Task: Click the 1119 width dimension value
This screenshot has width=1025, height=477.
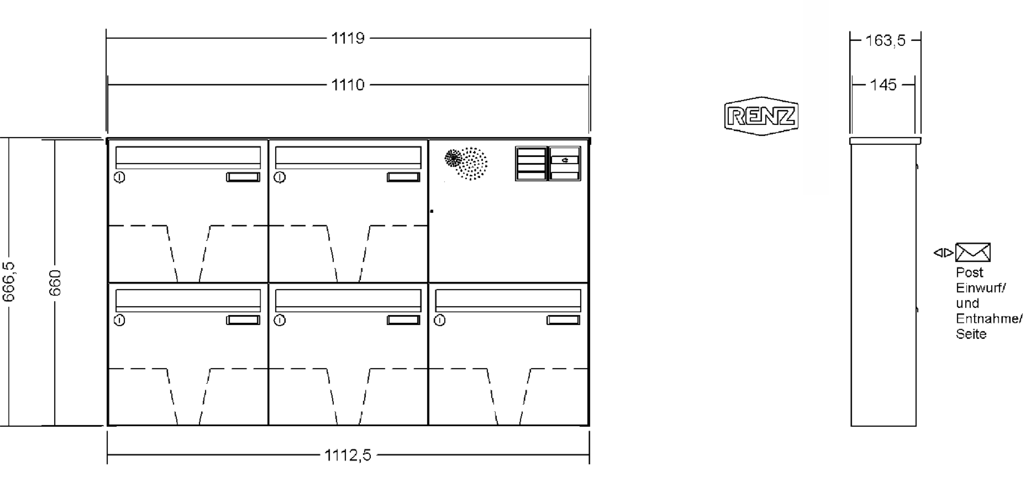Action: (x=348, y=39)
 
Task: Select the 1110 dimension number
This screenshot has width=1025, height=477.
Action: (x=348, y=85)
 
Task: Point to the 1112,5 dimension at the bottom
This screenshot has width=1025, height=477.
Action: (x=348, y=455)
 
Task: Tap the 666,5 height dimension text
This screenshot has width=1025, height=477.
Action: (x=8, y=282)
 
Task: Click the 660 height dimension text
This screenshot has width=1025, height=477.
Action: (x=55, y=283)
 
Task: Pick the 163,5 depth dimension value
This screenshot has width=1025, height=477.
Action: (x=885, y=41)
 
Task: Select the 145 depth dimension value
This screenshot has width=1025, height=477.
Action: (x=883, y=85)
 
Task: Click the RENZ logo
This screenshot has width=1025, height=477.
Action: (x=761, y=116)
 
